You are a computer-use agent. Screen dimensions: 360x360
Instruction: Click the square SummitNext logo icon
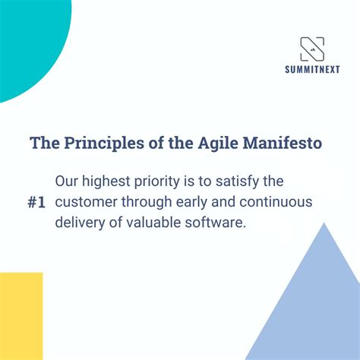point(311,49)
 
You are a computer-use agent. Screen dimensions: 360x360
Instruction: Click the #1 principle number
point(35,204)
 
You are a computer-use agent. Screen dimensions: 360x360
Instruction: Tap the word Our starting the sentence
point(69,182)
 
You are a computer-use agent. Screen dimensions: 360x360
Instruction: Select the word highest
point(114,182)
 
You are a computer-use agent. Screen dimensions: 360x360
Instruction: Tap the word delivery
point(80,223)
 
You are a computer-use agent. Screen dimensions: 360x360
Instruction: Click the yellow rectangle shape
point(21,316)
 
